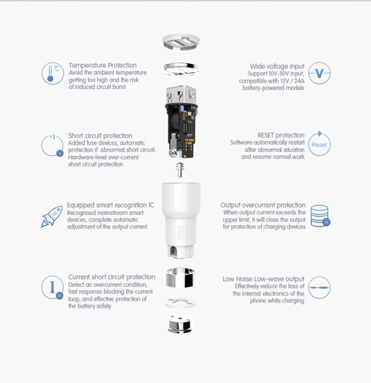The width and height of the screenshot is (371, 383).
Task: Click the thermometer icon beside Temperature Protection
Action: click(53, 73)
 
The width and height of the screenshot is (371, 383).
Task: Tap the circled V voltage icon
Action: click(319, 73)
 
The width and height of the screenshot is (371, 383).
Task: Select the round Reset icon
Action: click(319, 144)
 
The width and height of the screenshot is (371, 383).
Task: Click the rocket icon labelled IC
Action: click(51, 216)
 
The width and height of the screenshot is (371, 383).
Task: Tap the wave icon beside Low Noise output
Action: click(319, 288)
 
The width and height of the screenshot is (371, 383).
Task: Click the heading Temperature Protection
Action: click(102, 65)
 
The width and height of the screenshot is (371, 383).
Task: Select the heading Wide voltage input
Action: click(277, 66)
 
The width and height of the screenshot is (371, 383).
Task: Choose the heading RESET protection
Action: click(281, 135)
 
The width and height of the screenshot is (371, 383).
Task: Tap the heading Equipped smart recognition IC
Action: click(110, 205)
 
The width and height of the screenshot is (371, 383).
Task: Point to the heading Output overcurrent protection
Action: click(263, 205)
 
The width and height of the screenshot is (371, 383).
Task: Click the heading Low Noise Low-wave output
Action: click(263, 279)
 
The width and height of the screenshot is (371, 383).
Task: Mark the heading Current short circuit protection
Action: click(111, 277)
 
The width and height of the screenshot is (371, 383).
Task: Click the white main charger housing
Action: click(180, 214)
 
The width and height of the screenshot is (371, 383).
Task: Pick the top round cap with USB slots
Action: click(181, 42)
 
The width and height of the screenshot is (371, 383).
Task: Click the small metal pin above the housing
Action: click(180, 170)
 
